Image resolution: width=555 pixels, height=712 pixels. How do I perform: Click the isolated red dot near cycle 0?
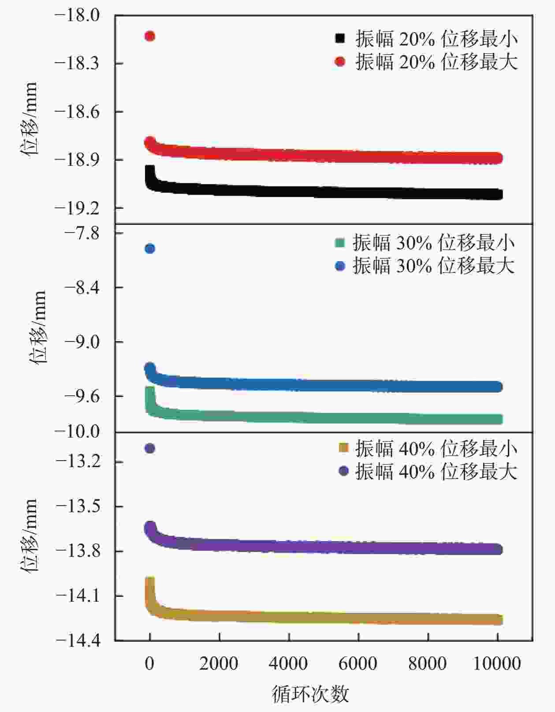150,36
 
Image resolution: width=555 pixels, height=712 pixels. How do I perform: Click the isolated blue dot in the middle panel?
150,249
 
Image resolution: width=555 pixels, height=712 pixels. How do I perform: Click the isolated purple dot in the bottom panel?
150,449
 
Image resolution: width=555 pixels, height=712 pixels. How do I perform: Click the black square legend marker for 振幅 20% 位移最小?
340,39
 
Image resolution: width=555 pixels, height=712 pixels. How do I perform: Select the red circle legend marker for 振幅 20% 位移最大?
340,61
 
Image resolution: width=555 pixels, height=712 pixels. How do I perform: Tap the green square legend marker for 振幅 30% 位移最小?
340,243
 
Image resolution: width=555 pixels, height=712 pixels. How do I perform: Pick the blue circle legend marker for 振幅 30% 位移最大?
340,266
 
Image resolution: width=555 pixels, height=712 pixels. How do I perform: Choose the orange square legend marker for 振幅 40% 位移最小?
343,448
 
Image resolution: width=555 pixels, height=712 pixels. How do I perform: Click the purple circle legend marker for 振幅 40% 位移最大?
343,471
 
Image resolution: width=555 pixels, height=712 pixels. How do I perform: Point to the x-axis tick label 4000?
288,663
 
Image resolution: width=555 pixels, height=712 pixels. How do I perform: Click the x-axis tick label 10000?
497,663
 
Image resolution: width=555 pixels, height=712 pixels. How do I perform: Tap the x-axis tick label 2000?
219,663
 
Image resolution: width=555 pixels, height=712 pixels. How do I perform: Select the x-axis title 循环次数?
310,694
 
